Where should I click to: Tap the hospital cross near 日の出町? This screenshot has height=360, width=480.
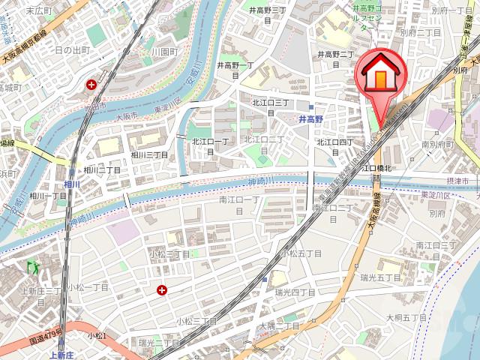(91, 85)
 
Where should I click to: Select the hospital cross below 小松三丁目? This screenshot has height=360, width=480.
(161, 289)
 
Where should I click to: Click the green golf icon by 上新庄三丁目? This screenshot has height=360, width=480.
(31, 267)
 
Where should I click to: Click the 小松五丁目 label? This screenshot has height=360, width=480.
(301, 253)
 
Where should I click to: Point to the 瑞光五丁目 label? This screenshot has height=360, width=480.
(380, 278)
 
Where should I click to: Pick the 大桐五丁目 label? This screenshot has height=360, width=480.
(406, 318)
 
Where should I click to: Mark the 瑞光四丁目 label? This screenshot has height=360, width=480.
(295, 292)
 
